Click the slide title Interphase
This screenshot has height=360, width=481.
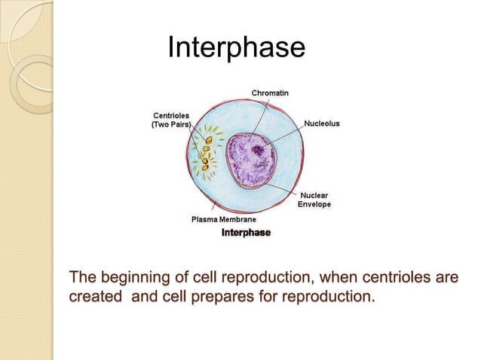[x=235, y=48]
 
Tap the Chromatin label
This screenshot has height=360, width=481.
[x=268, y=93]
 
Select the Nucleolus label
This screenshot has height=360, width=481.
[x=322, y=121]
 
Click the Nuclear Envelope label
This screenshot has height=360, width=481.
[x=314, y=200]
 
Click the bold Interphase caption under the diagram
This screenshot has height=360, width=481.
[x=245, y=233]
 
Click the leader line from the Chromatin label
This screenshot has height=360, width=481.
[x=259, y=117]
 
